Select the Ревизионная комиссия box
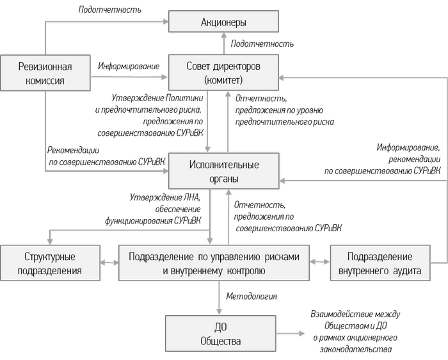click(x=45, y=73)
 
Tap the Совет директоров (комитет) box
click(x=223, y=73)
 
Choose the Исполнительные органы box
click(x=223, y=171)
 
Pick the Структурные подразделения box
click(x=50, y=263)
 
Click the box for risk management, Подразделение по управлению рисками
click(x=214, y=263)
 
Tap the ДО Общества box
click(x=220, y=334)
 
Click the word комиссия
click(x=45, y=81)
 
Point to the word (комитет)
click(x=223, y=81)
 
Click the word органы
click(x=223, y=179)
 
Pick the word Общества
click(x=220, y=341)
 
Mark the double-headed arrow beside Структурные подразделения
click(x=109, y=263)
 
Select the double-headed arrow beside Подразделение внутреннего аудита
click(x=319, y=263)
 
